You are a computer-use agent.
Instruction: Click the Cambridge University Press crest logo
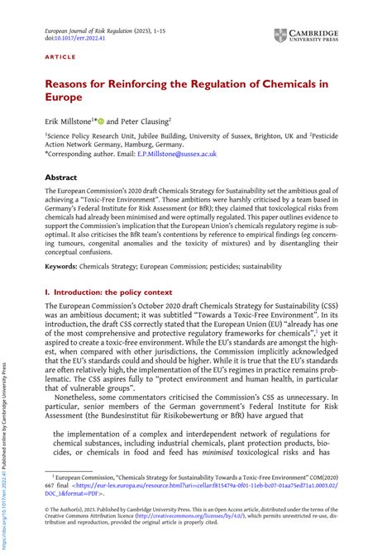(x=280, y=36)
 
